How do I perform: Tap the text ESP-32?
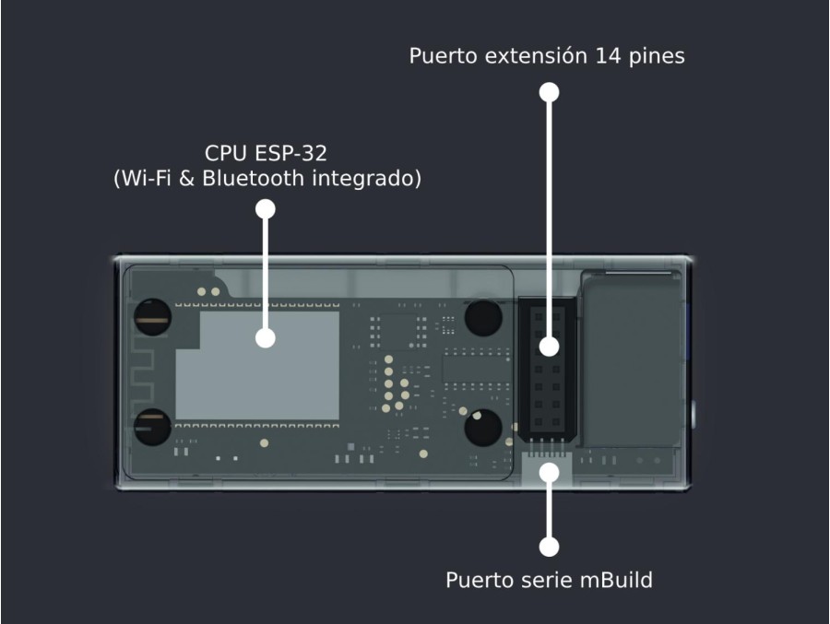(x=291, y=154)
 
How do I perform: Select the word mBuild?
(x=616, y=580)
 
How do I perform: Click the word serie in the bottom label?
(x=547, y=580)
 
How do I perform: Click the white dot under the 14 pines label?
(x=550, y=92)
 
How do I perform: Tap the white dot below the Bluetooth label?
(x=266, y=209)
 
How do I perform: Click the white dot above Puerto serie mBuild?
(x=550, y=547)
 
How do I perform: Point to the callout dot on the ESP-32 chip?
(x=266, y=338)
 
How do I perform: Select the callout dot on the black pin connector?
(x=550, y=347)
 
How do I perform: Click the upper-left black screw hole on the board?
(x=152, y=317)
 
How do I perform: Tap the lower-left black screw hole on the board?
(x=152, y=427)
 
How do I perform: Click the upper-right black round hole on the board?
(x=483, y=318)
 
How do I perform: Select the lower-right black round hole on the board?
(x=483, y=427)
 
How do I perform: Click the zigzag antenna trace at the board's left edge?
(x=143, y=372)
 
